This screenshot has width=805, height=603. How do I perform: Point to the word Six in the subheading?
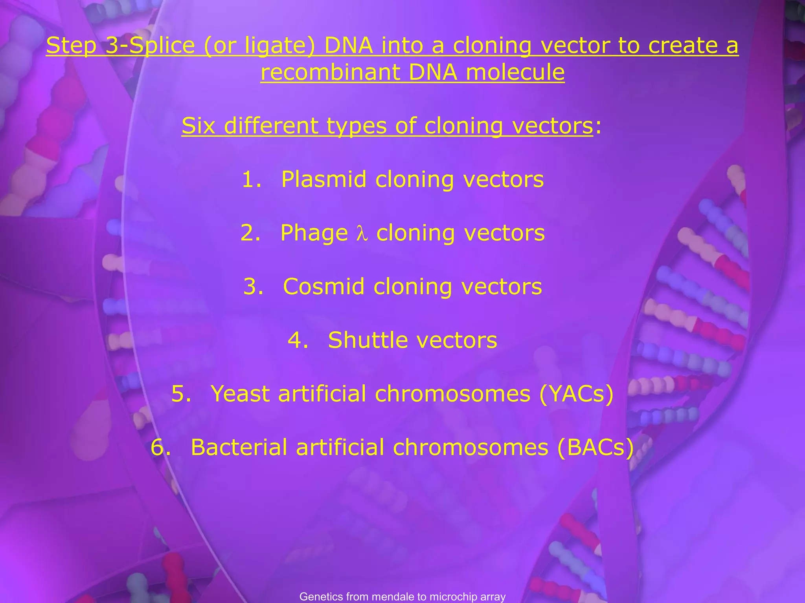click(x=198, y=126)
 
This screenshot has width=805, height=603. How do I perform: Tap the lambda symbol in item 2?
click(x=362, y=234)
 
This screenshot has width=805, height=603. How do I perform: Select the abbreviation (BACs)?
click(x=595, y=447)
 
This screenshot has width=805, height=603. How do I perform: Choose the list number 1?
click(x=252, y=179)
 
